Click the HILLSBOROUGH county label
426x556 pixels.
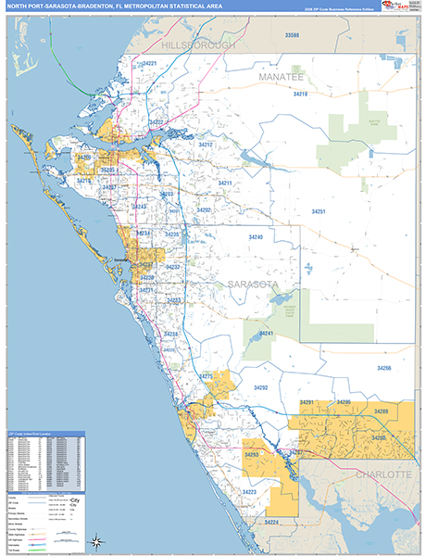point(198,44)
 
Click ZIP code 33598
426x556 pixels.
point(293,34)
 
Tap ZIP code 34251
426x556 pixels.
point(318,212)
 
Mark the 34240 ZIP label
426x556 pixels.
point(256,237)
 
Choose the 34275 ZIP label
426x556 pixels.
point(207,375)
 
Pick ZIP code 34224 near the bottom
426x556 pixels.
point(270,523)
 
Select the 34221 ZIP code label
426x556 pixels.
point(149,63)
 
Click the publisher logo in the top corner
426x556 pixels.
point(401,8)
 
